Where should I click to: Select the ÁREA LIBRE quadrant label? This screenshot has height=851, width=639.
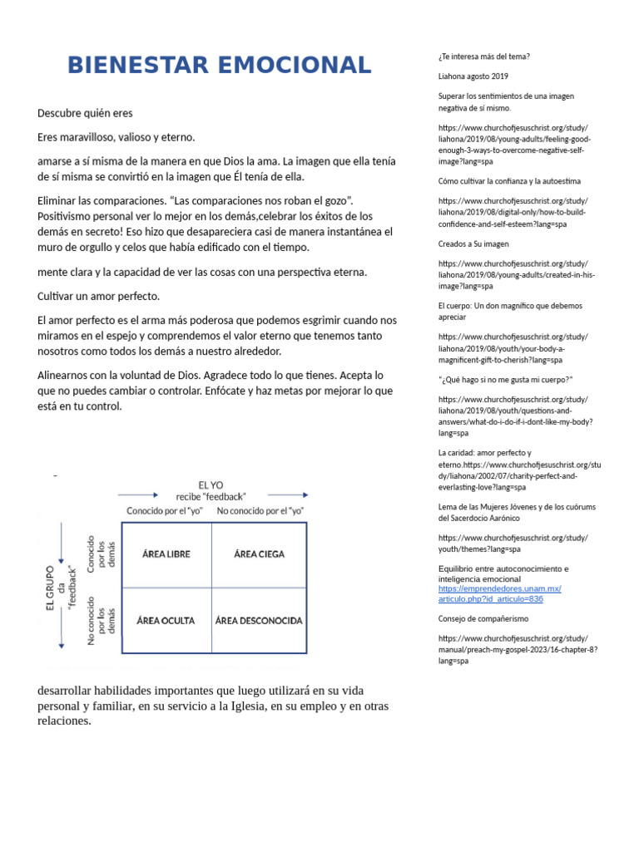pyautogui.click(x=166, y=553)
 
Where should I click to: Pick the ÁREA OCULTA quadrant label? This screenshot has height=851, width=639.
pyautogui.click(x=166, y=620)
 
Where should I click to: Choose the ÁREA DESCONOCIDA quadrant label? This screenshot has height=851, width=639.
pyautogui.click(x=260, y=620)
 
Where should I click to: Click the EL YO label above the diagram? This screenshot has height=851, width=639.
pyautogui.click(x=211, y=485)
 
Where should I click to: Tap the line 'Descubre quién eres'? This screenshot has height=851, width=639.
pyautogui.click(x=85, y=113)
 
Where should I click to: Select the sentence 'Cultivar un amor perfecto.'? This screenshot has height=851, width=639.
pyautogui.click(x=98, y=297)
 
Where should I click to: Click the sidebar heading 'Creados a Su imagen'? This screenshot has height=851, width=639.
pyautogui.click(x=473, y=244)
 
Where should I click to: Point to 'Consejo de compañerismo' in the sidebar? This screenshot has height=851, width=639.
pyautogui.click(x=483, y=619)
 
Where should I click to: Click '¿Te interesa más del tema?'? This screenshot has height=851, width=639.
pyautogui.click(x=483, y=57)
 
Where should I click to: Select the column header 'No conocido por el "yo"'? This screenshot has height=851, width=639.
pyautogui.click(x=260, y=510)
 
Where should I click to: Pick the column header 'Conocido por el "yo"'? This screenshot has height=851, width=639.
pyautogui.click(x=166, y=510)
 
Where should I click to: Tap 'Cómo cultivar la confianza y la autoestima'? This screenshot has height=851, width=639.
pyautogui.click(x=509, y=180)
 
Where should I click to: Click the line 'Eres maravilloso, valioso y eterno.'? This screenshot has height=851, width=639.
pyautogui.click(x=116, y=137)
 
